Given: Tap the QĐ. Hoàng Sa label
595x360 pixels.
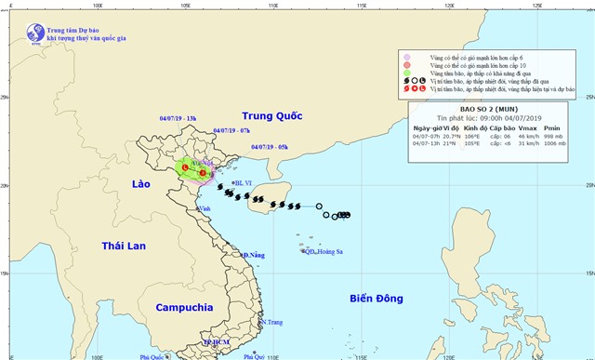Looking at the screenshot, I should pos(322,251).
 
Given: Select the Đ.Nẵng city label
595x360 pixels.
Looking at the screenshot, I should pos(253,254).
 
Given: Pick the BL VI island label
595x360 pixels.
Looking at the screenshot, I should pos(244,183).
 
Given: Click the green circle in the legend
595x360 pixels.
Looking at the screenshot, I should pos(407,73).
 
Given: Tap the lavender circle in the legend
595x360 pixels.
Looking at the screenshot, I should pos(407,58).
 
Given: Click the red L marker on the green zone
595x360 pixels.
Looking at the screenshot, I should pos(185,167).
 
